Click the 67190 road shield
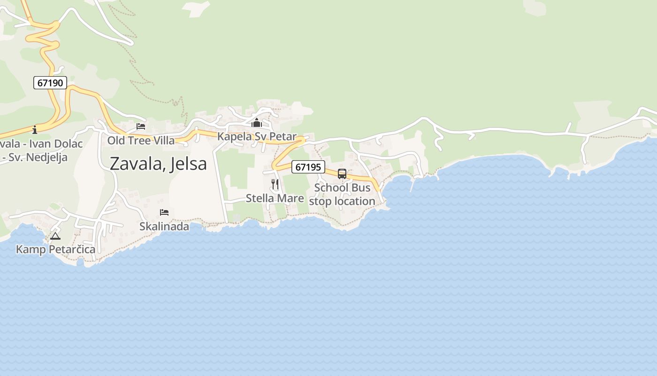tap(50, 83)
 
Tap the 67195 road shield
tap(308, 167)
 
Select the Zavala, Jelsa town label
tap(158, 164)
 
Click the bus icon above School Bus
tap(342, 174)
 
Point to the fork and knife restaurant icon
tap(275, 184)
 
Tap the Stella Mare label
tap(275, 198)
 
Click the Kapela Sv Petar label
tap(257, 137)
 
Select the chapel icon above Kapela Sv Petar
tap(257, 124)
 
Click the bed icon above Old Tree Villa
tap(141, 126)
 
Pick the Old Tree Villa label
tap(141, 141)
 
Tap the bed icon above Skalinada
tap(164, 212)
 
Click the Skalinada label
tap(164, 227)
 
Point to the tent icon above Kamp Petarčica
tap(55, 236)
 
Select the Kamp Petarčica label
tap(55, 249)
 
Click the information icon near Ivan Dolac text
tap(35, 130)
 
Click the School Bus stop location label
tap(343, 195)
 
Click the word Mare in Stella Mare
tap(290, 198)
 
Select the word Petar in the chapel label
tap(283, 137)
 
